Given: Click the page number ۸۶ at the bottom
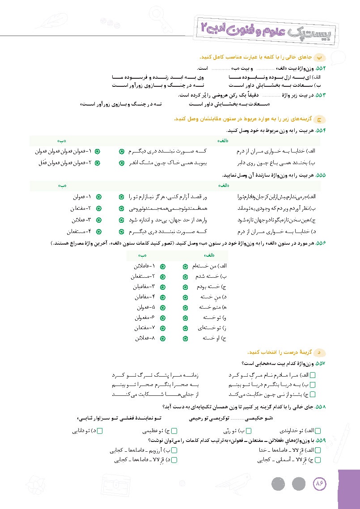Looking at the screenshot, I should pos(320,484).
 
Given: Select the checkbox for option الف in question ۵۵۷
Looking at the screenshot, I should pos(313,375).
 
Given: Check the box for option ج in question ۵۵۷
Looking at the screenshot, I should pos(313,394).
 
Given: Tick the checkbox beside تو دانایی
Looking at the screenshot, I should pos(100,431).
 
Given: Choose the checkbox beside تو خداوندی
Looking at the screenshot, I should pos(318,431).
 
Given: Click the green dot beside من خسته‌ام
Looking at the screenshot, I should pos(186,266).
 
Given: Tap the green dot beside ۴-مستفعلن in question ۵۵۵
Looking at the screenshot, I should pos(99,232).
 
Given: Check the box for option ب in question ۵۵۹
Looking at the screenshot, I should pos(174,450).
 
